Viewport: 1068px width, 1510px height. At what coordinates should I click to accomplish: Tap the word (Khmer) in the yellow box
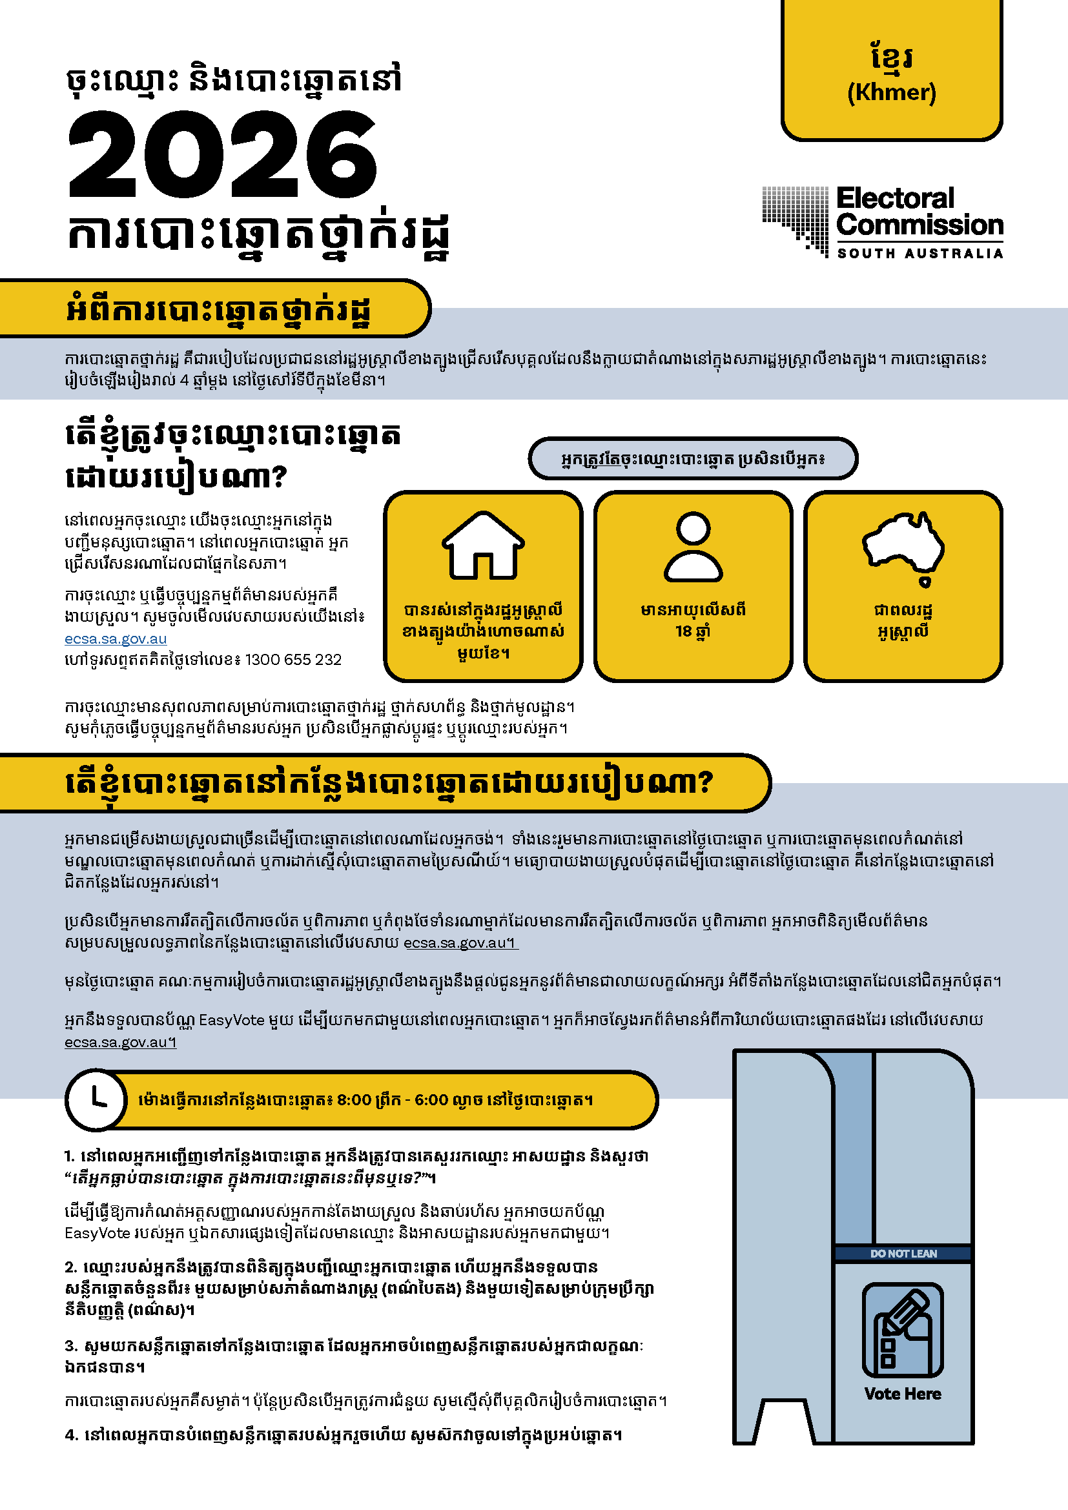tap(891, 93)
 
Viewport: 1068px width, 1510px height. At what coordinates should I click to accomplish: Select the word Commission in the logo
tap(919, 225)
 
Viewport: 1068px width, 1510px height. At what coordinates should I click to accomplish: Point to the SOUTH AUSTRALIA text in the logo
tap(919, 254)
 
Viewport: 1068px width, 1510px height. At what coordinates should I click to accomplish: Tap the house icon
tap(483, 546)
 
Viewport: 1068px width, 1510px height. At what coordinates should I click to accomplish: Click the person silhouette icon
tap(693, 546)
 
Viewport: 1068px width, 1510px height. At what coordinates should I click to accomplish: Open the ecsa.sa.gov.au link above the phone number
tap(116, 638)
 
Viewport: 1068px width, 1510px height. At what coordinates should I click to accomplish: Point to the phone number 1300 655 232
tap(293, 660)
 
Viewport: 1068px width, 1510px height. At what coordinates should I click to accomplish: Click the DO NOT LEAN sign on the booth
tap(903, 1254)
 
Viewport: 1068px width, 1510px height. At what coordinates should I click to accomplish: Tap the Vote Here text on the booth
tap(903, 1394)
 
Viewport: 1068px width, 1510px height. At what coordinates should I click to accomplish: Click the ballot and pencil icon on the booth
tap(903, 1330)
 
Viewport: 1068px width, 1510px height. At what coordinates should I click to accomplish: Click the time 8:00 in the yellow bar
tap(354, 1099)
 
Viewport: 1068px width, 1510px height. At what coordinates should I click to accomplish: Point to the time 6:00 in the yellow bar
tap(431, 1099)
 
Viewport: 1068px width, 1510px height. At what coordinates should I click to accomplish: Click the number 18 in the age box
tap(683, 631)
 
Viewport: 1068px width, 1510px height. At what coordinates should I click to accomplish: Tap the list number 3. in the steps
tap(71, 1346)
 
